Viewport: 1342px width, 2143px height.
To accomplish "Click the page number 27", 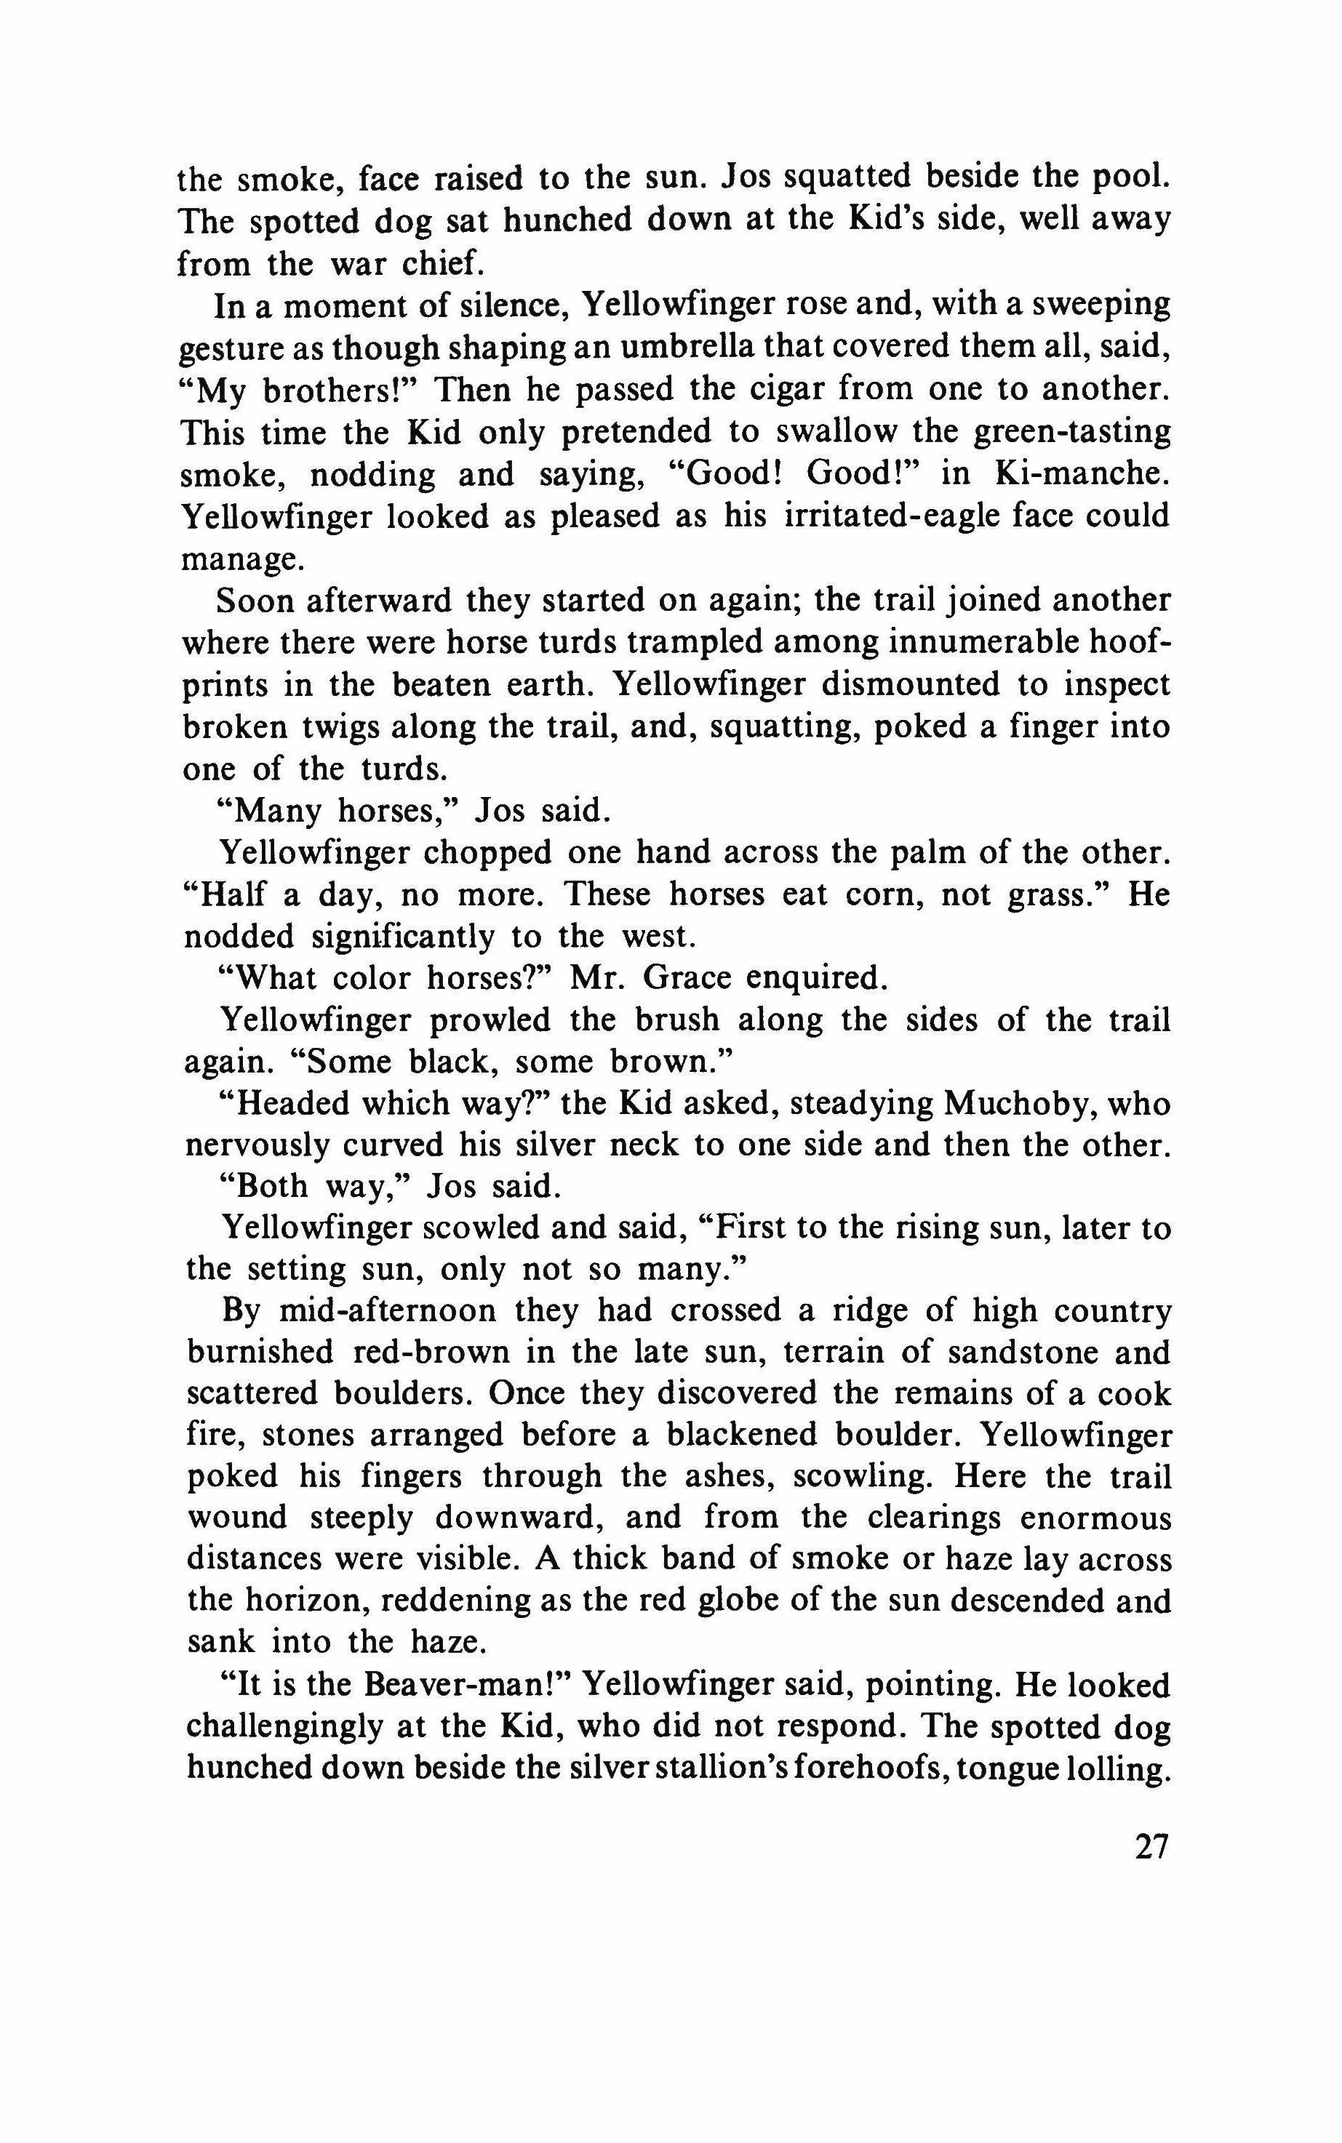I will (x=1150, y=1846).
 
